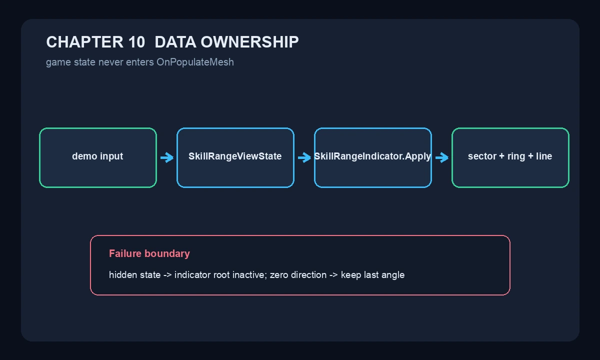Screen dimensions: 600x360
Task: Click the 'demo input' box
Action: pos(98,158)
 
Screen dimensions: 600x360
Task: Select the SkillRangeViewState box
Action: pos(235,158)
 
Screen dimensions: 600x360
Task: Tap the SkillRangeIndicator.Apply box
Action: pos(373,158)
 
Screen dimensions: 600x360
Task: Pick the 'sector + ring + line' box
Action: pos(510,158)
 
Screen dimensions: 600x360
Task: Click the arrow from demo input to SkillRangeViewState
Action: pos(167,157)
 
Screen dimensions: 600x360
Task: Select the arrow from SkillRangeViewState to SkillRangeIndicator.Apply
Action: pos(304,157)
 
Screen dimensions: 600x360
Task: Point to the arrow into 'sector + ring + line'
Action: pos(441,157)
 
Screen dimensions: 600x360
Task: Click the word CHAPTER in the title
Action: pos(84,42)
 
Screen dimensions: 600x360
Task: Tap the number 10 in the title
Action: pos(136,42)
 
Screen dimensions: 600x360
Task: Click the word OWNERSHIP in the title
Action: pos(249,42)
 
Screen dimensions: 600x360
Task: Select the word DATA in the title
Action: pos(175,42)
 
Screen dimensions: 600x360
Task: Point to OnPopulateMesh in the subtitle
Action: pos(195,62)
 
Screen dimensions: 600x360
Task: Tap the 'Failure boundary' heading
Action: pos(149,253)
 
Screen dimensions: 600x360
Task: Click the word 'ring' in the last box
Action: pos(516,156)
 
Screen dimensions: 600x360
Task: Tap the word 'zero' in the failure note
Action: pos(279,275)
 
